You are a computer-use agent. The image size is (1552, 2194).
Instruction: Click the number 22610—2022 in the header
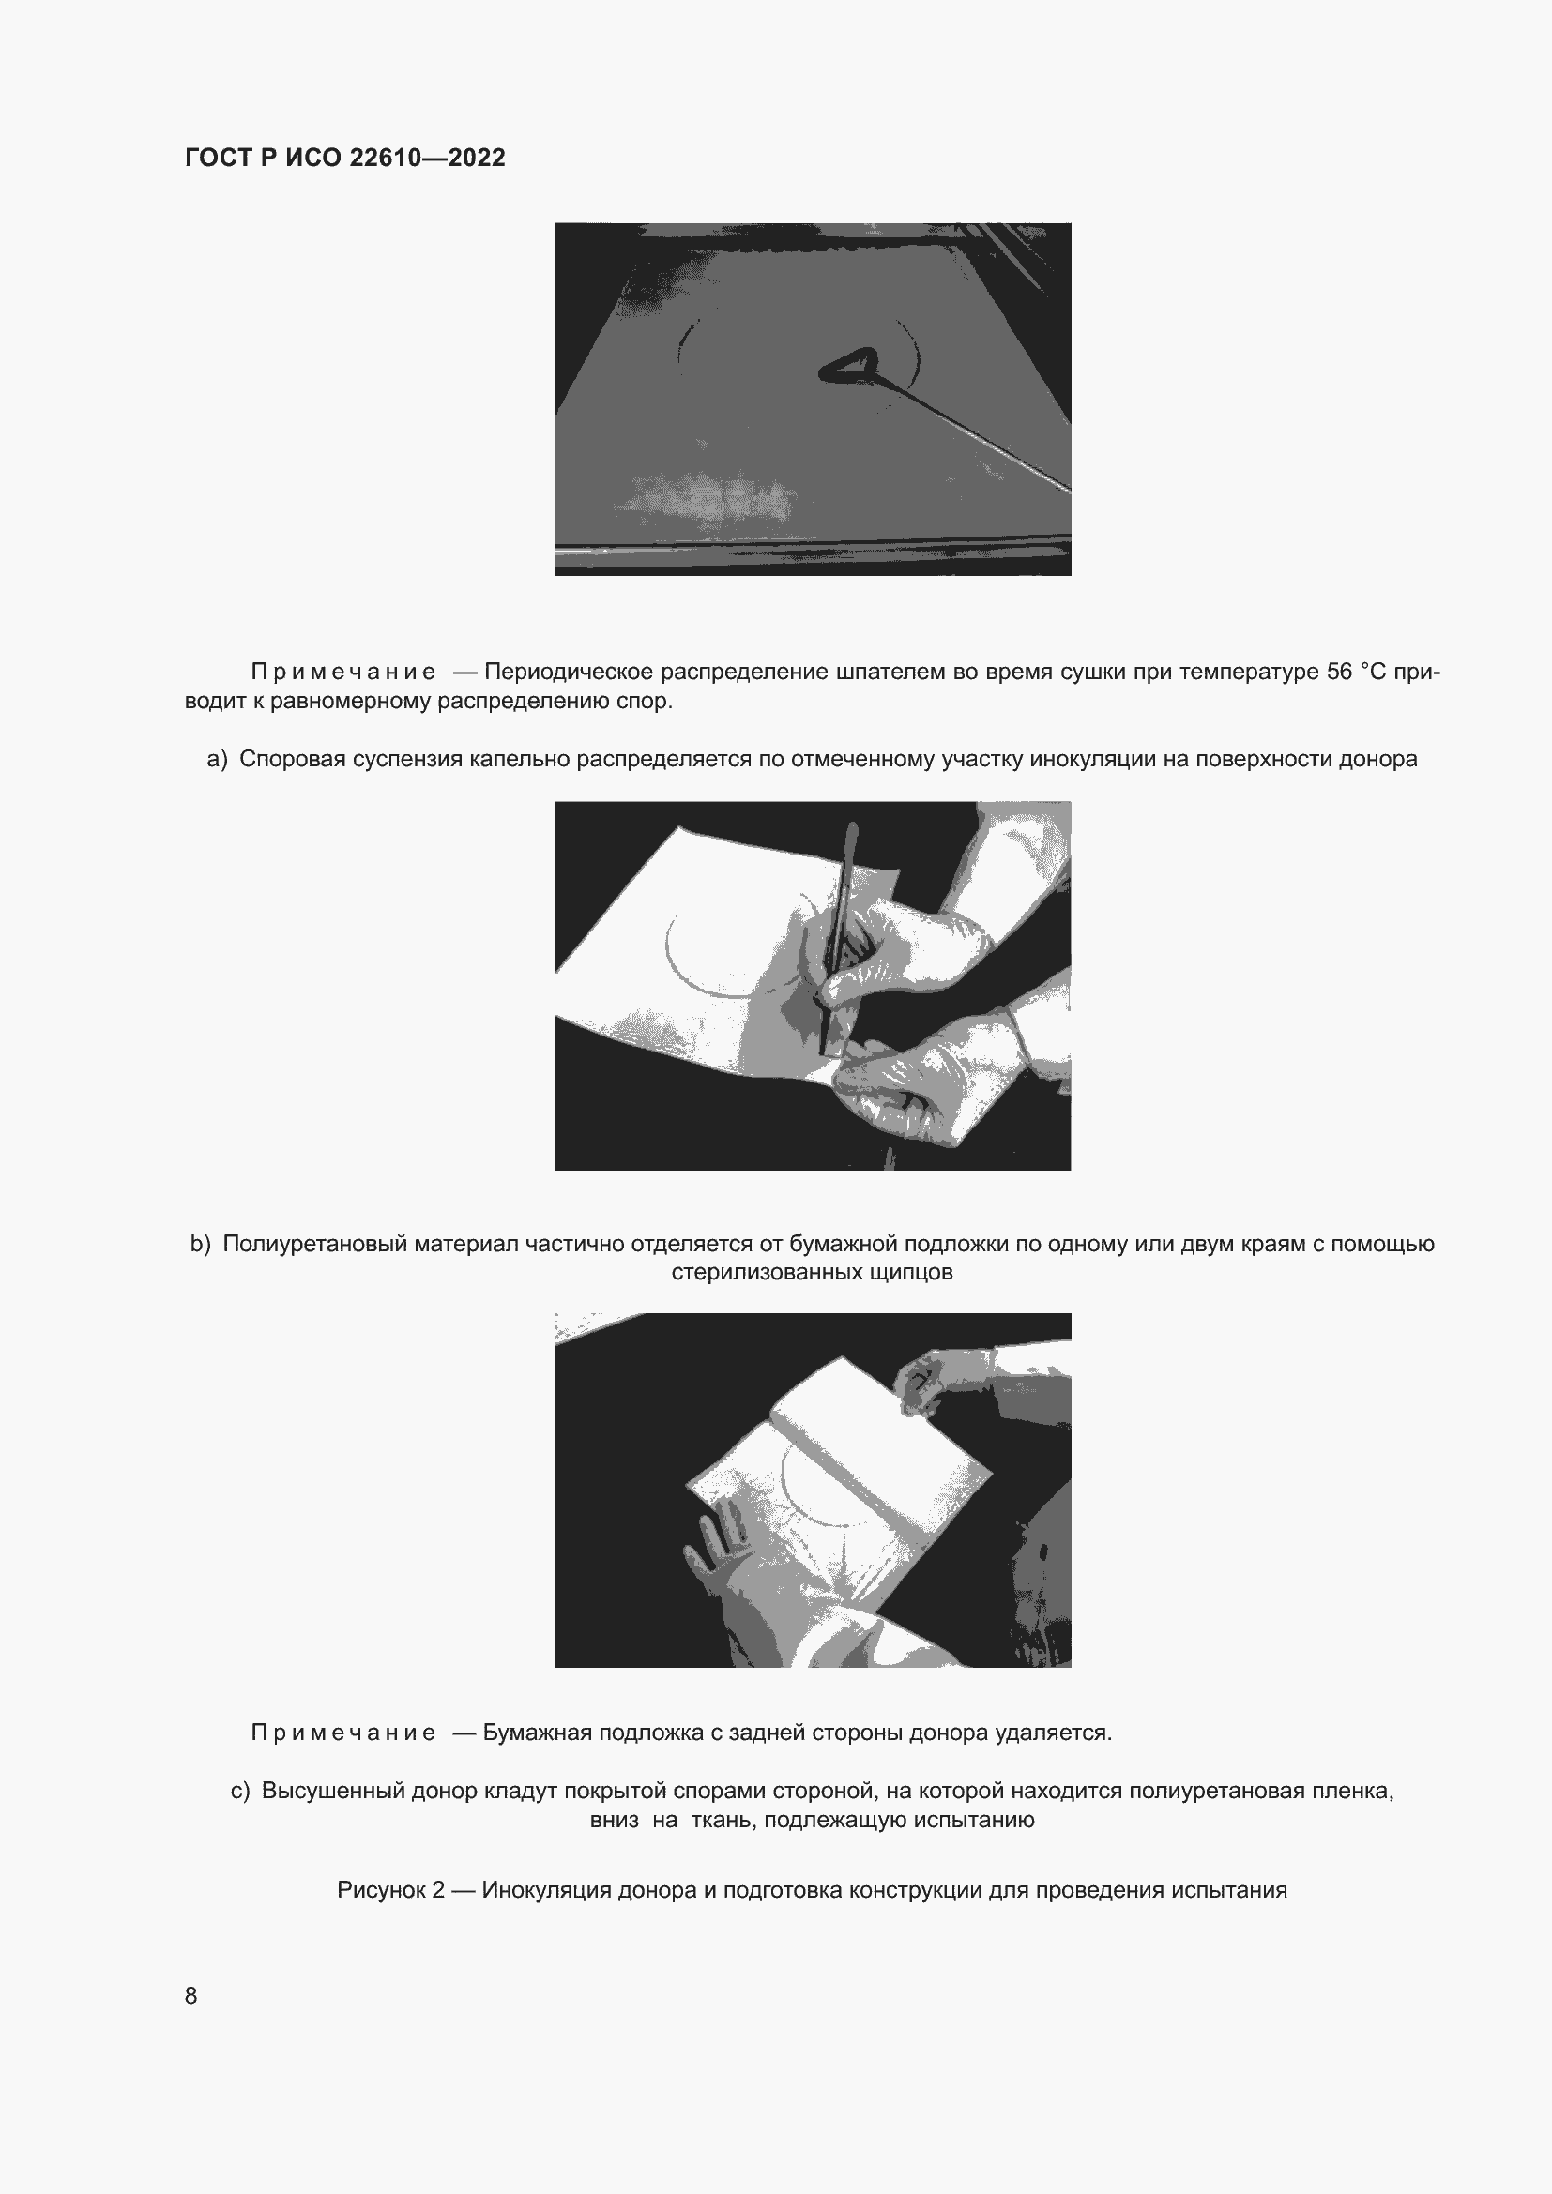pos(426,158)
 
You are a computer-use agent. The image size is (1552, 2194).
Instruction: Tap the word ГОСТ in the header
pos(218,158)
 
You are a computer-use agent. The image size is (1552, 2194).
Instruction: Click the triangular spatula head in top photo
pos(847,367)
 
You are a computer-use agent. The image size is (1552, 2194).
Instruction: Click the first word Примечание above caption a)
pos(343,673)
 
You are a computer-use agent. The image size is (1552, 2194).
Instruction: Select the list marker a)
pos(217,759)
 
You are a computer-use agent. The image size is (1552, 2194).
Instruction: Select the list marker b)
pos(200,1244)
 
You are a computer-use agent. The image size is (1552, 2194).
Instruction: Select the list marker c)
pos(240,1791)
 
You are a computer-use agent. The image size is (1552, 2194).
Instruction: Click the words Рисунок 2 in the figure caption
pos(391,1890)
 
